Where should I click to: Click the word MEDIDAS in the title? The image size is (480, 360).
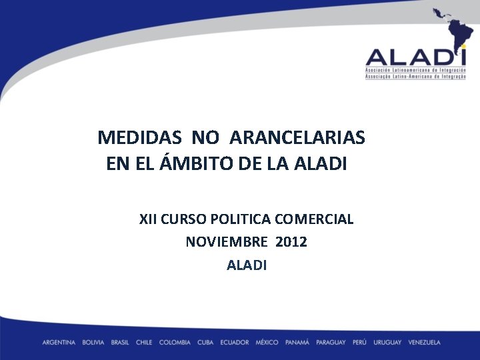tap(139, 138)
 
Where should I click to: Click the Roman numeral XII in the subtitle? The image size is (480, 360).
tap(148, 219)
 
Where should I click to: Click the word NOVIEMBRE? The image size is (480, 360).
tap(226, 242)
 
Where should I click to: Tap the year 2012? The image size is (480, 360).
tap(291, 242)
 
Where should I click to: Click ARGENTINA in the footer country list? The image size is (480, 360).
tap(59, 343)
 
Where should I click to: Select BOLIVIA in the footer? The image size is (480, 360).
tap(93, 343)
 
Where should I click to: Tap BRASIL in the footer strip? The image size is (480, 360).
tap(120, 343)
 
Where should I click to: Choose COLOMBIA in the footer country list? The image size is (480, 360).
tap(175, 343)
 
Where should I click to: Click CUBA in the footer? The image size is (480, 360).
tap(205, 343)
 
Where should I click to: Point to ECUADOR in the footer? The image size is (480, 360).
tap(235, 343)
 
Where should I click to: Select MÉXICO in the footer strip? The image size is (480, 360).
tap(267, 343)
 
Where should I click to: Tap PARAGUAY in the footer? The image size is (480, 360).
tap(331, 343)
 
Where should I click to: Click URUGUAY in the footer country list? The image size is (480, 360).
tap(387, 343)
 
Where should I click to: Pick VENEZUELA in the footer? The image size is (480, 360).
tap(425, 343)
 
